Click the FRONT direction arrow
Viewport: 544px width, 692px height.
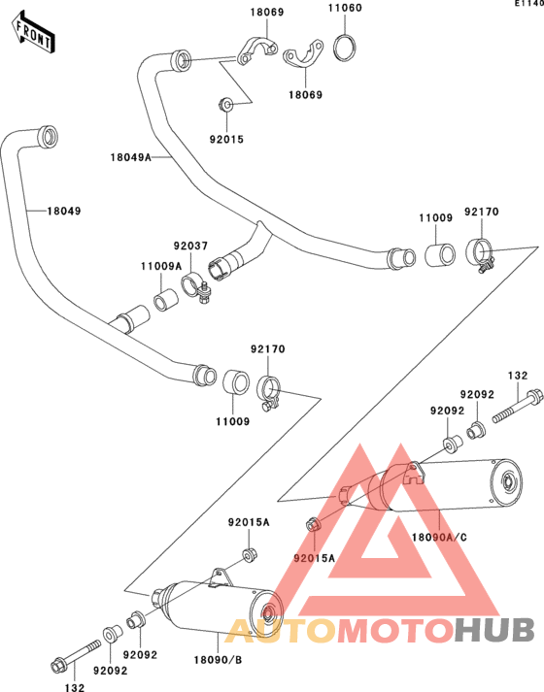[x=34, y=33]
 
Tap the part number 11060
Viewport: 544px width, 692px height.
[x=345, y=8]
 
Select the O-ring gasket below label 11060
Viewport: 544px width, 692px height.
[x=345, y=48]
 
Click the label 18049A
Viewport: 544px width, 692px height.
[x=131, y=157]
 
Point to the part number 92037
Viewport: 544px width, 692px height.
[x=190, y=246]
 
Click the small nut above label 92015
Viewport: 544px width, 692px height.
[x=226, y=105]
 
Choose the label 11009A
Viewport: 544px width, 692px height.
[x=161, y=266]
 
